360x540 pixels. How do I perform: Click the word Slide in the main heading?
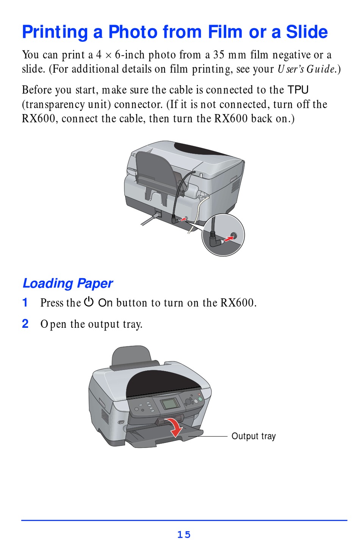[307, 32]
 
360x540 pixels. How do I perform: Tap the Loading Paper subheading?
[67, 283]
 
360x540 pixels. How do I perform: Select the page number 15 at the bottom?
[184, 534]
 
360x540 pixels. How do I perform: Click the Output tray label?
[254, 436]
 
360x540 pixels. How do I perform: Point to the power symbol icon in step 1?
[89, 302]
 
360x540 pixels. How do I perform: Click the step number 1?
[25, 302]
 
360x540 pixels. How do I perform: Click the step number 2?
[25, 324]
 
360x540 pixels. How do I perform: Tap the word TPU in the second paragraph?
[298, 90]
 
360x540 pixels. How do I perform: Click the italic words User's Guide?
[307, 69]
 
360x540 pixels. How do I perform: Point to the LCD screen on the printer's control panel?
[169, 404]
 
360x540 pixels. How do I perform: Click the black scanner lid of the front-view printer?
[163, 383]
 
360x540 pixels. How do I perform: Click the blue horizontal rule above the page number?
[184, 520]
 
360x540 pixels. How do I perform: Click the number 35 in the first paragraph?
[219, 55]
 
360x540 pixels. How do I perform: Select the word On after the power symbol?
[105, 303]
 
